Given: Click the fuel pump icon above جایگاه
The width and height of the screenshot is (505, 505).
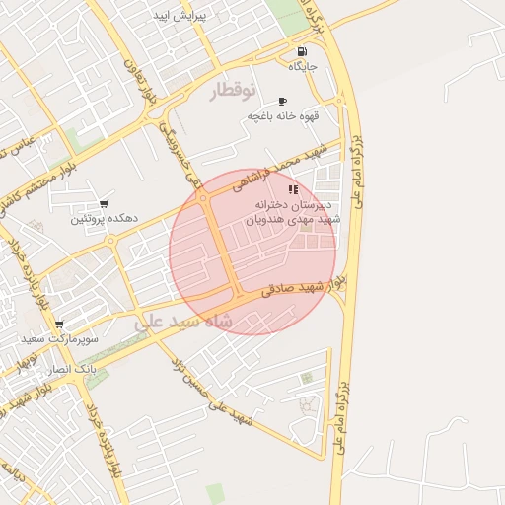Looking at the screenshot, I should click(301, 52).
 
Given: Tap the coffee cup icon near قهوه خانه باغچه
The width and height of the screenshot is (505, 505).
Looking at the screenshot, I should click(283, 101).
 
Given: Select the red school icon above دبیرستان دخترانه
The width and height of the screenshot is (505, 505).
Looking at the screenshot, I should click(292, 188).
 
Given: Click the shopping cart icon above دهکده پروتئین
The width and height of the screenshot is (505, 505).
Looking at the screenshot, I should click(104, 204).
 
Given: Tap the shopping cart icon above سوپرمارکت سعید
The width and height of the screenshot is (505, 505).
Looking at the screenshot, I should click(59, 324).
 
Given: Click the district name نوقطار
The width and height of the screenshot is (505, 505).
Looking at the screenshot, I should click(233, 91).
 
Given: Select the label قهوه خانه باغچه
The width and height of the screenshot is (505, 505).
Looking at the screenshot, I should click(283, 115).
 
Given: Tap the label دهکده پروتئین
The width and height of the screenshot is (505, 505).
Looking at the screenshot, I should click(104, 218).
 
